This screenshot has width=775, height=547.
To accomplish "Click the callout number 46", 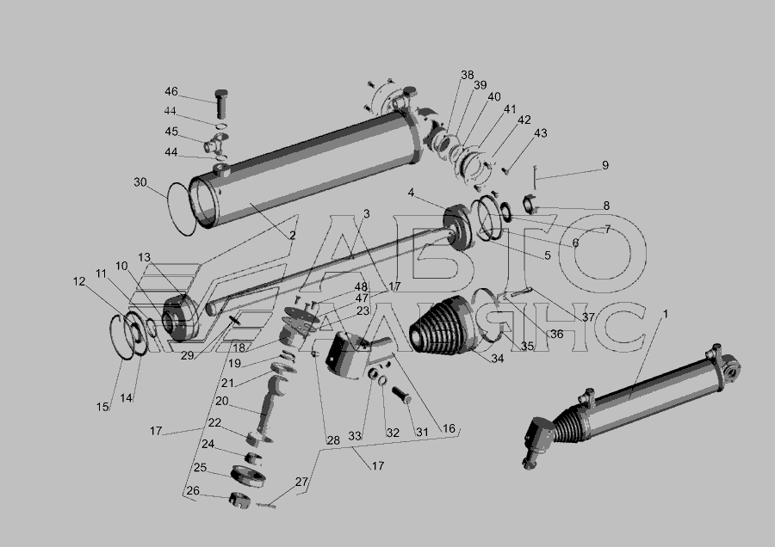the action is pos(171,91).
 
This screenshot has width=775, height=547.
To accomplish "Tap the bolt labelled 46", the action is pos(221,104).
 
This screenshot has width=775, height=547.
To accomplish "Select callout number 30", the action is pos(140,182).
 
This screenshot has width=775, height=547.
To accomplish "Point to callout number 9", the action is pos(605,165).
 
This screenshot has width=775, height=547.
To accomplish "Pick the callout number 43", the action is pos(541,132).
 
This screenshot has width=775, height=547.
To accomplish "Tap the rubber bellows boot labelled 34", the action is pos(443,325).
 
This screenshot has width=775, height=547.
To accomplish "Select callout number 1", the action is pos(666,314).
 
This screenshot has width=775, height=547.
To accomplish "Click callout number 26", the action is pos(193,490).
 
